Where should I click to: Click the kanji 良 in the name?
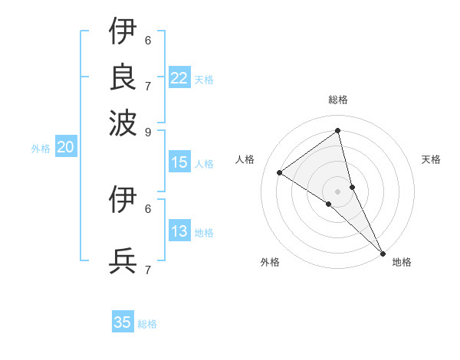123,76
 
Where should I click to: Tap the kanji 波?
123,121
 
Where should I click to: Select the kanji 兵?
123,261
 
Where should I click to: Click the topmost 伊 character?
123,31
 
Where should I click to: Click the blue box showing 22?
179,78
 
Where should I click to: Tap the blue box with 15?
179,162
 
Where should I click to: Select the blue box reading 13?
179,232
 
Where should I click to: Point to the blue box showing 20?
65,148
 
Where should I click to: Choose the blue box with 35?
123,322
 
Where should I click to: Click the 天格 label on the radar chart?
431,159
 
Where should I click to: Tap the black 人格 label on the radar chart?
245,159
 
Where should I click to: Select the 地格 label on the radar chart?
402,262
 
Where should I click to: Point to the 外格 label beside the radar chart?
270,262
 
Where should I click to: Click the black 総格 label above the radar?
338,100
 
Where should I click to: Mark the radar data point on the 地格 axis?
382,252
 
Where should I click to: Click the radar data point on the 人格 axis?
280,172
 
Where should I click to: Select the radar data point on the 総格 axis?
338,130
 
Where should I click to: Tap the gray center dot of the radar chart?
338,191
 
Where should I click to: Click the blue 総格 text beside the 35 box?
147,324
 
